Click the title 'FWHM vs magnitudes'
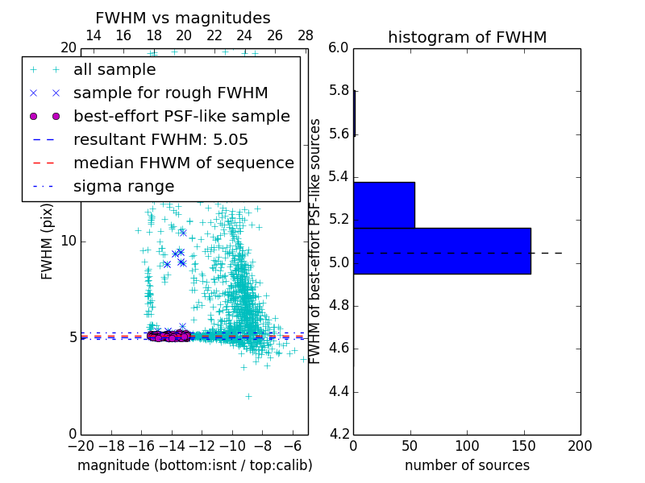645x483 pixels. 183,19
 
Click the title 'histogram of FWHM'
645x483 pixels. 467,37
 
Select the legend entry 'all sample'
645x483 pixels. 114,70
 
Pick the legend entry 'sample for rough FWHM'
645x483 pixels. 170,93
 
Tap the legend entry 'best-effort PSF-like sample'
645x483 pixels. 181,116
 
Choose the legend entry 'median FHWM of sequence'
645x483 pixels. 183,163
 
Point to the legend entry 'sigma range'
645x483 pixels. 123,186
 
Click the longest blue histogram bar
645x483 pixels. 442,251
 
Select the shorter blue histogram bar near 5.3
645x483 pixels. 384,205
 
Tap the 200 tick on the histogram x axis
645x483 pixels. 580,445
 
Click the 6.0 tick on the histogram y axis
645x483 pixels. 339,47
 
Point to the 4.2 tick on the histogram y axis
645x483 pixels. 339,434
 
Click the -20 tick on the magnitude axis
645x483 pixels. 81,445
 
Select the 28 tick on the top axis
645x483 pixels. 306,35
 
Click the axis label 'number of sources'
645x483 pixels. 467,465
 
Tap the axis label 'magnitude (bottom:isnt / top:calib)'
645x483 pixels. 194,465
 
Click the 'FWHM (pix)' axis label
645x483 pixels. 48,241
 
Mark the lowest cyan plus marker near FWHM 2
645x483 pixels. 248,395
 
